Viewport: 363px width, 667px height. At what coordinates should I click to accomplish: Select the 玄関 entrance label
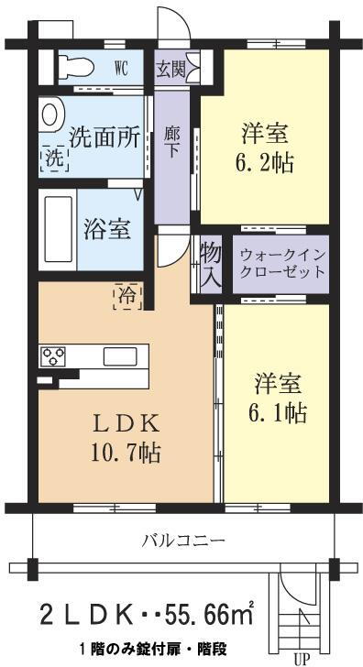tap(170, 69)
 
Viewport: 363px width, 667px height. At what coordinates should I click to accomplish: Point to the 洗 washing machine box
tap(53, 158)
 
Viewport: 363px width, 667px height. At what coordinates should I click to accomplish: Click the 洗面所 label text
tap(105, 137)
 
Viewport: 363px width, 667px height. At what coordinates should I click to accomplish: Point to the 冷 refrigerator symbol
tap(126, 295)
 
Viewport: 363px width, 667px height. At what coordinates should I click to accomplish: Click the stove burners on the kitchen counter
tap(50, 355)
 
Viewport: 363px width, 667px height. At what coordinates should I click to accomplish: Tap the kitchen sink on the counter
tap(119, 355)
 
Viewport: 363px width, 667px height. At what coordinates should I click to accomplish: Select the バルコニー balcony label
tap(183, 541)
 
